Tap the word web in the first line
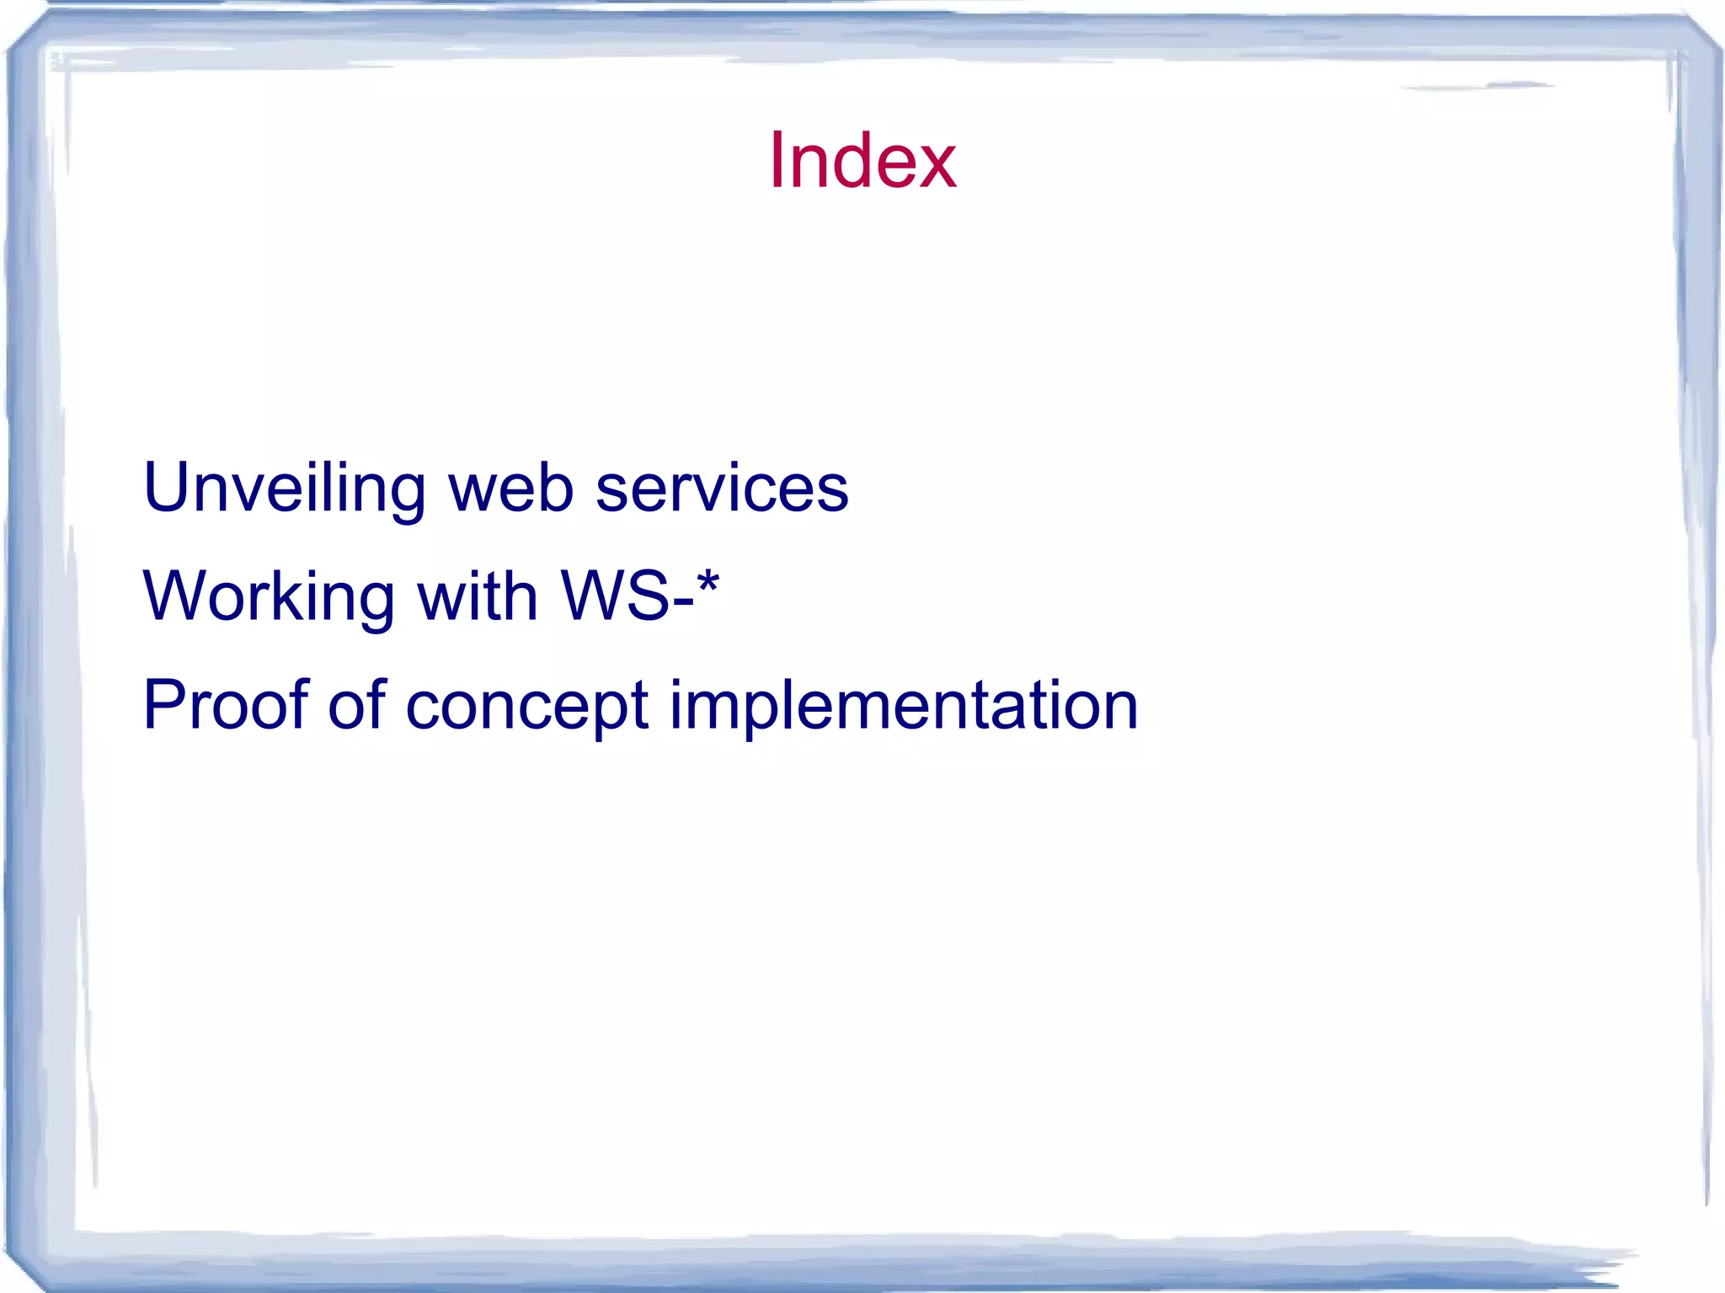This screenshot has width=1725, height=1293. [510, 489]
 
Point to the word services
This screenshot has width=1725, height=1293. [722, 489]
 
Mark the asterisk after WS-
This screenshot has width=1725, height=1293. [708, 581]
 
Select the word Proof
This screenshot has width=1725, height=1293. [226, 704]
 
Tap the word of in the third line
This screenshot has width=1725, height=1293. [357, 704]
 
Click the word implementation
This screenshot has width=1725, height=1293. [903, 706]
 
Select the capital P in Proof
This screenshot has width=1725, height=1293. [163, 704]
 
